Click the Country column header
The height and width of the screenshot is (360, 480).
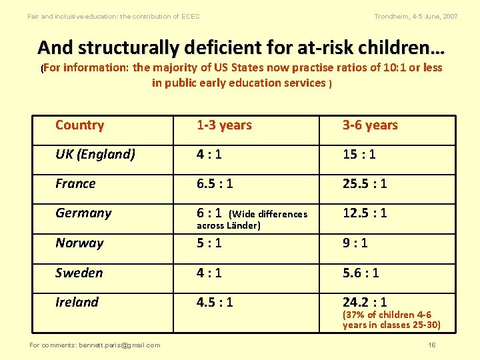pos(79,125)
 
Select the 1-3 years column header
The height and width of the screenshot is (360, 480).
pos(224,125)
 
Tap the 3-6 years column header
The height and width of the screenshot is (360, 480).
pos(370,125)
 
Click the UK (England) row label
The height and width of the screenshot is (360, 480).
pos(95,155)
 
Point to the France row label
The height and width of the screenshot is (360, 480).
pos(75,184)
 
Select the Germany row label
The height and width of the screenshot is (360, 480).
pos(83,213)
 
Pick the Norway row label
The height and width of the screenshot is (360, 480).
pos(79,243)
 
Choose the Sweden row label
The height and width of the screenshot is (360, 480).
pos(79,273)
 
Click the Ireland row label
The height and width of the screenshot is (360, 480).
pos(77,303)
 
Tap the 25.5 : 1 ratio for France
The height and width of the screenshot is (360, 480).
pos(365,184)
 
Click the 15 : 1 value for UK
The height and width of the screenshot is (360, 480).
pos(359,155)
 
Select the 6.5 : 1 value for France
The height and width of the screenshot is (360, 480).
pos(215,184)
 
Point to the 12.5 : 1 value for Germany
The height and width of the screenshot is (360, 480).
pos(365,213)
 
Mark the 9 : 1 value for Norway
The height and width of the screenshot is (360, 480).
pos(355,243)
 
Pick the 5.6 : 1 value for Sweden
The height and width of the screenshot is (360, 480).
pos(361,273)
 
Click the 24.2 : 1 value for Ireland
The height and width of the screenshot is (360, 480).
pos(365,303)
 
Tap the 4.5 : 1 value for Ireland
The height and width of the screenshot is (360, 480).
pos(215,303)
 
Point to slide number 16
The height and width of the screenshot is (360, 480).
pos(432,345)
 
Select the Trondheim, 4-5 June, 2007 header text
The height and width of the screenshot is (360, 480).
pos(416,16)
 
